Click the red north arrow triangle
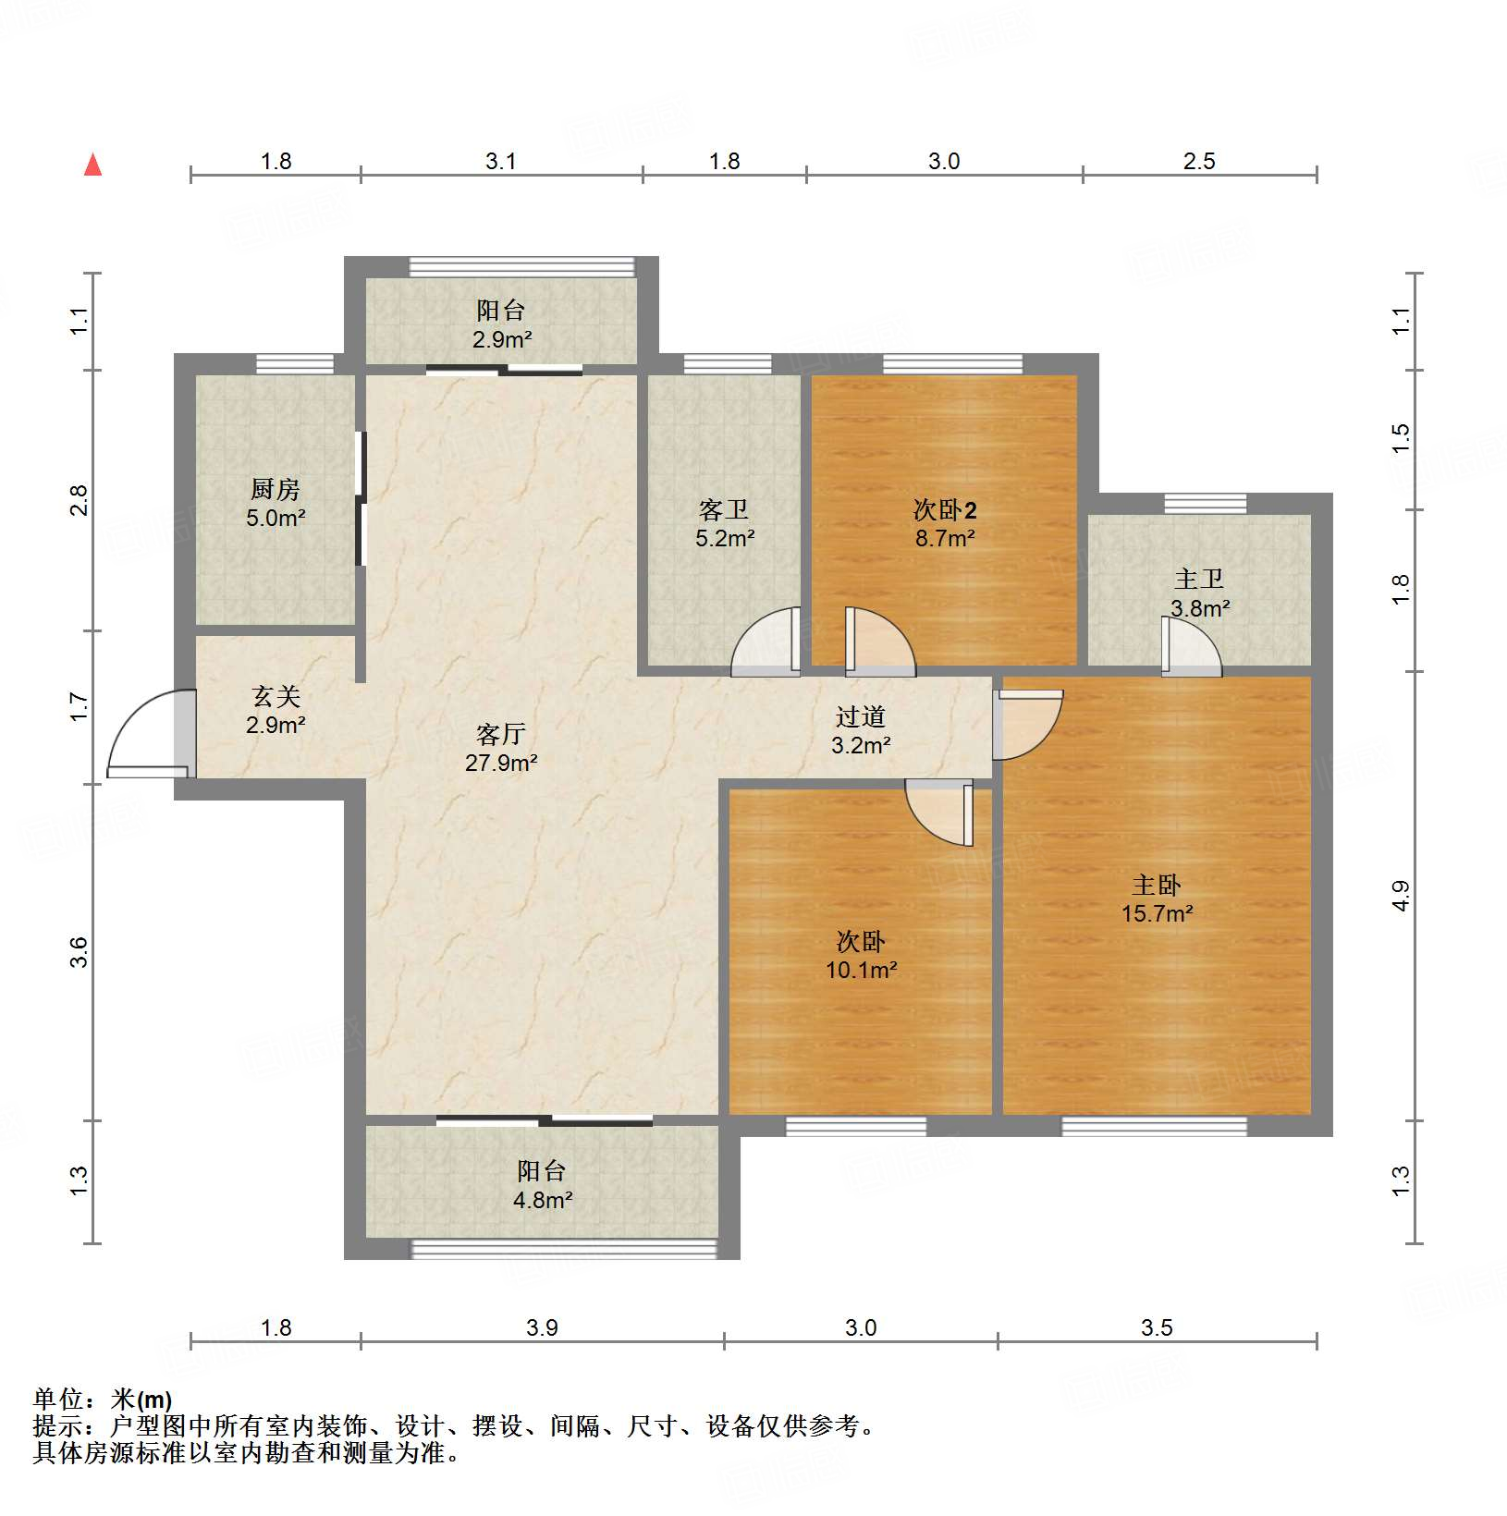point(92,165)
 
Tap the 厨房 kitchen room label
point(276,489)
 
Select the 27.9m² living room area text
point(501,764)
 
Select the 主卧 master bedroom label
point(1157,886)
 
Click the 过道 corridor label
point(861,716)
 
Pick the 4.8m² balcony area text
point(543,1201)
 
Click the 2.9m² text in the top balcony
point(502,339)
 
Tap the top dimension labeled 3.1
point(500,162)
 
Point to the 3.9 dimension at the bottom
point(542,1328)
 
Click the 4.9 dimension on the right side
point(1401,896)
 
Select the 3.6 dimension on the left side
point(80,952)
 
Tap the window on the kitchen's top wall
point(295,363)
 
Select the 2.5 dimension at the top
point(1199,162)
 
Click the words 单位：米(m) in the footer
point(102,1400)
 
